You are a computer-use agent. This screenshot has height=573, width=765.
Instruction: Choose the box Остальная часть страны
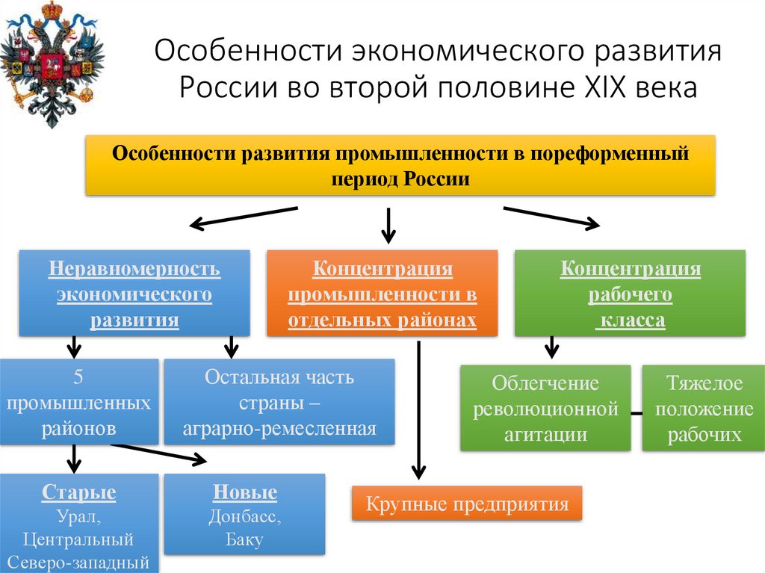click(279, 403)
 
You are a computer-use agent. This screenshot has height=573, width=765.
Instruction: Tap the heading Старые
click(78, 493)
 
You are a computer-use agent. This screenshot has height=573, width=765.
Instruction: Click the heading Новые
click(245, 493)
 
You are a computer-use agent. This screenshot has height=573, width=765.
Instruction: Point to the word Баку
click(244, 539)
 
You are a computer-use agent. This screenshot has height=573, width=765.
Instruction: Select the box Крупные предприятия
click(467, 504)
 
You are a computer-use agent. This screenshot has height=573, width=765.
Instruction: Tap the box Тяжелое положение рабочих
click(704, 408)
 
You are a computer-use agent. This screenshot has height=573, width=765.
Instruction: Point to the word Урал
click(78, 516)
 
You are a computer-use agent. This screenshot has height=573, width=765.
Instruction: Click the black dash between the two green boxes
click(635, 412)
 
